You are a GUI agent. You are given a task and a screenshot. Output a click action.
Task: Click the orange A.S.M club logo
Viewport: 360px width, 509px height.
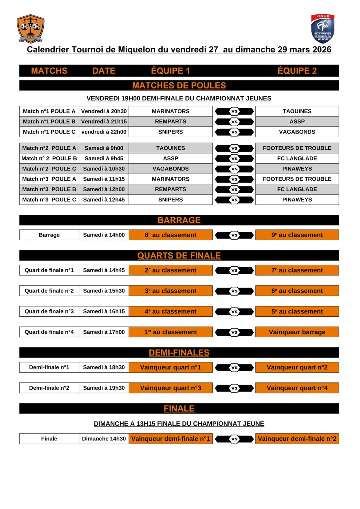(30, 28)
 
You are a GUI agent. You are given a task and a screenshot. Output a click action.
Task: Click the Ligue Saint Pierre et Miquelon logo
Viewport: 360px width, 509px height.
(322, 29)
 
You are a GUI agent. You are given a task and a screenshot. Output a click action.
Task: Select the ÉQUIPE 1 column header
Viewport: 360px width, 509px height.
(171, 71)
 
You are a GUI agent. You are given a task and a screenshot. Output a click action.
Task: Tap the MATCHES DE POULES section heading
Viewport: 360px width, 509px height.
(179, 86)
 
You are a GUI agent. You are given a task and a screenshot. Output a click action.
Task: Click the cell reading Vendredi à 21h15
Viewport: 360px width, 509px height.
(104, 122)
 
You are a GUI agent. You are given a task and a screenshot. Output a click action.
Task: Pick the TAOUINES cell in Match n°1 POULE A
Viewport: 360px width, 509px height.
(297, 111)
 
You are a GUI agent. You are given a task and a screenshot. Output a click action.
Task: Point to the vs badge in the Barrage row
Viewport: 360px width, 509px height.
(234, 235)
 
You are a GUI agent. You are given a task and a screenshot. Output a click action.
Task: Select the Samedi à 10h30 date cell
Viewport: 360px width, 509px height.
(104, 169)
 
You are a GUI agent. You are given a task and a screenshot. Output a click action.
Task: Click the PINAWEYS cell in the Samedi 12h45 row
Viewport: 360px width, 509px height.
(297, 200)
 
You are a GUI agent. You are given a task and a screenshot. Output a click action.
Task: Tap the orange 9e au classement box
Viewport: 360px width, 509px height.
(297, 235)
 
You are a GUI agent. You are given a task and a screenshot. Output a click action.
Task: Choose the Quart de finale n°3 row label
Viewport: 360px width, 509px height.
(49, 311)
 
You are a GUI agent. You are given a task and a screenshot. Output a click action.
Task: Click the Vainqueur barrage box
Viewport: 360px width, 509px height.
(297, 332)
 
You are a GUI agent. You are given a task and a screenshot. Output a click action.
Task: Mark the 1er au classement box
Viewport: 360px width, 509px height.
(171, 332)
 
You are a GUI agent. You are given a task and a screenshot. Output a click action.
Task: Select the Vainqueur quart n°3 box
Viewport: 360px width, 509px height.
(171, 388)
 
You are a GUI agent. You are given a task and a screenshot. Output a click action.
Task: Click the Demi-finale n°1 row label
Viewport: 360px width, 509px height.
(49, 367)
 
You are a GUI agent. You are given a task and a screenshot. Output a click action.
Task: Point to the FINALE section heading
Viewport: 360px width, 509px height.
(179, 409)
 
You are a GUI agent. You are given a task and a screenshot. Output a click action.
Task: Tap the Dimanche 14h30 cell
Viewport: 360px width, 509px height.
(104, 439)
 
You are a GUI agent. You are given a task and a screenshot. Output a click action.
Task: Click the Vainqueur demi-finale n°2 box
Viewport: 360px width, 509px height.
(297, 439)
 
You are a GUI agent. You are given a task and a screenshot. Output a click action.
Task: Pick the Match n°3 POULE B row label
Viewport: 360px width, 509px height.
(49, 189)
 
